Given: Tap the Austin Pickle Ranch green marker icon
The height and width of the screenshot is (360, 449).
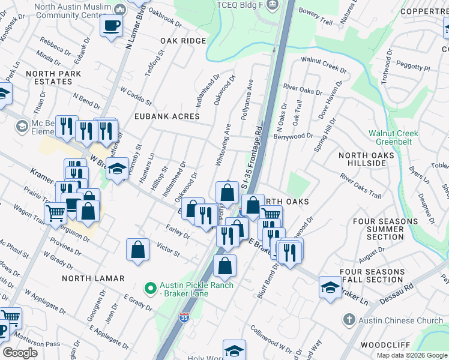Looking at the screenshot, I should (152, 289).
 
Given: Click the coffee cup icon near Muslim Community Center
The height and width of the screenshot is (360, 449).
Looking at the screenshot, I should (111, 26).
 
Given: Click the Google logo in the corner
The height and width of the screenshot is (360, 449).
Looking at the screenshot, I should (20, 353).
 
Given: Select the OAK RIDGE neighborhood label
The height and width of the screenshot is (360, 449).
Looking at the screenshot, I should (183, 41).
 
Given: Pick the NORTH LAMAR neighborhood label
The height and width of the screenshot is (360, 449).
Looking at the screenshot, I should (92, 278).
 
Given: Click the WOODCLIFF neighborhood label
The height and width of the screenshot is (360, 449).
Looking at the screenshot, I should (385, 345).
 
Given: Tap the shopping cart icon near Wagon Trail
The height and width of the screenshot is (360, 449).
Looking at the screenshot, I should (55, 212).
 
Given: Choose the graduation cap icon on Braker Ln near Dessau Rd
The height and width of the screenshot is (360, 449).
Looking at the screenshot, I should (330, 287).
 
